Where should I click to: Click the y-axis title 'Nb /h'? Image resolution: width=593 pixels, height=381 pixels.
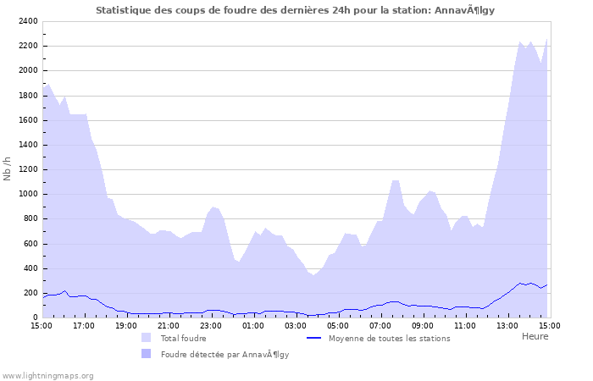(8, 168)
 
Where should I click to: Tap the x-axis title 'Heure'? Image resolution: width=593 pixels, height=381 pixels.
(535, 336)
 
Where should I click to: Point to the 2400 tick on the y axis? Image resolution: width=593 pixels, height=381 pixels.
(28, 21)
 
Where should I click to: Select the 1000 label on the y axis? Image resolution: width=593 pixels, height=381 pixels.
(28, 194)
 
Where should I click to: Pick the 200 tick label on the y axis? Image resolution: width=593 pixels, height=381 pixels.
(30, 293)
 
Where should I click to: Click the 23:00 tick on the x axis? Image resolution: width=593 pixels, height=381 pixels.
(211, 325)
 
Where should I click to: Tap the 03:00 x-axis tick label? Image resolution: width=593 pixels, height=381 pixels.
(296, 325)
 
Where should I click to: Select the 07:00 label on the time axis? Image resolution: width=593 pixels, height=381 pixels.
(380, 325)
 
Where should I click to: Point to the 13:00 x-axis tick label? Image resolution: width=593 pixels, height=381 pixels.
(507, 325)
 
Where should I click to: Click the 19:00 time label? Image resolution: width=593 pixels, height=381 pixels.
(126, 325)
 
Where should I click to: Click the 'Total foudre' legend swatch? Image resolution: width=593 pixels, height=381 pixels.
(147, 338)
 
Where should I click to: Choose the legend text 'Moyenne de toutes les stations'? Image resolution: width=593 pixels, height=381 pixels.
(389, 339)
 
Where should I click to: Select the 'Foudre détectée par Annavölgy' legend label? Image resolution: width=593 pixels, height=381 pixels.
(224, 355)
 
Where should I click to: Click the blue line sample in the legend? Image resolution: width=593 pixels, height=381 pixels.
(314, 338)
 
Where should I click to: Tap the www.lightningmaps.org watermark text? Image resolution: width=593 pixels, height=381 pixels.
(48, 375)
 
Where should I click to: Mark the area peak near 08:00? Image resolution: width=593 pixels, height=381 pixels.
(395, 180)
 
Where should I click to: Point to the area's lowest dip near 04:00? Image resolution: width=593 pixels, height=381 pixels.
(313, 275)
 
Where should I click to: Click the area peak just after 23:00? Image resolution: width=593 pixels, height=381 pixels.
(214, 207)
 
